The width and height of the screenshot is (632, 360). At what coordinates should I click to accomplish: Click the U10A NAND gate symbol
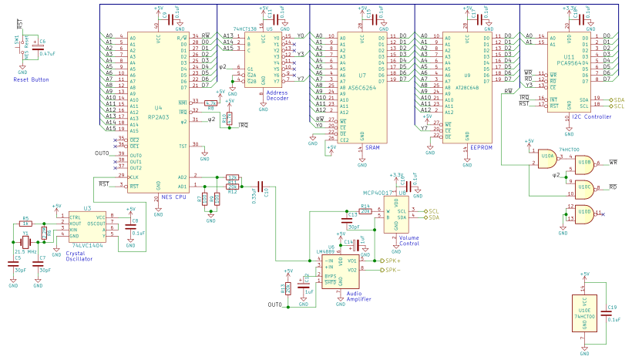coord(549,157)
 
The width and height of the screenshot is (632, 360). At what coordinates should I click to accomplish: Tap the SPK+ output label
coord(395,261)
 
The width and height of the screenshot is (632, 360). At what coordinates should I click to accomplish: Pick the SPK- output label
coord(394,271)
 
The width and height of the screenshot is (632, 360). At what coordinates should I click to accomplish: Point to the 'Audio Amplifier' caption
coord(359,297)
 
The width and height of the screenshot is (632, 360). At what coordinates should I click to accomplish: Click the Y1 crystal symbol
coord(25,242)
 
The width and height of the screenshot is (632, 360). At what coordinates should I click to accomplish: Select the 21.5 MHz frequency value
coord(25,251)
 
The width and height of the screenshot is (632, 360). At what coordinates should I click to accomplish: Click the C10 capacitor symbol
coord(261,186)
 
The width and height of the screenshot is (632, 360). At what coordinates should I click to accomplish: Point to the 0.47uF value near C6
coord(46,54)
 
